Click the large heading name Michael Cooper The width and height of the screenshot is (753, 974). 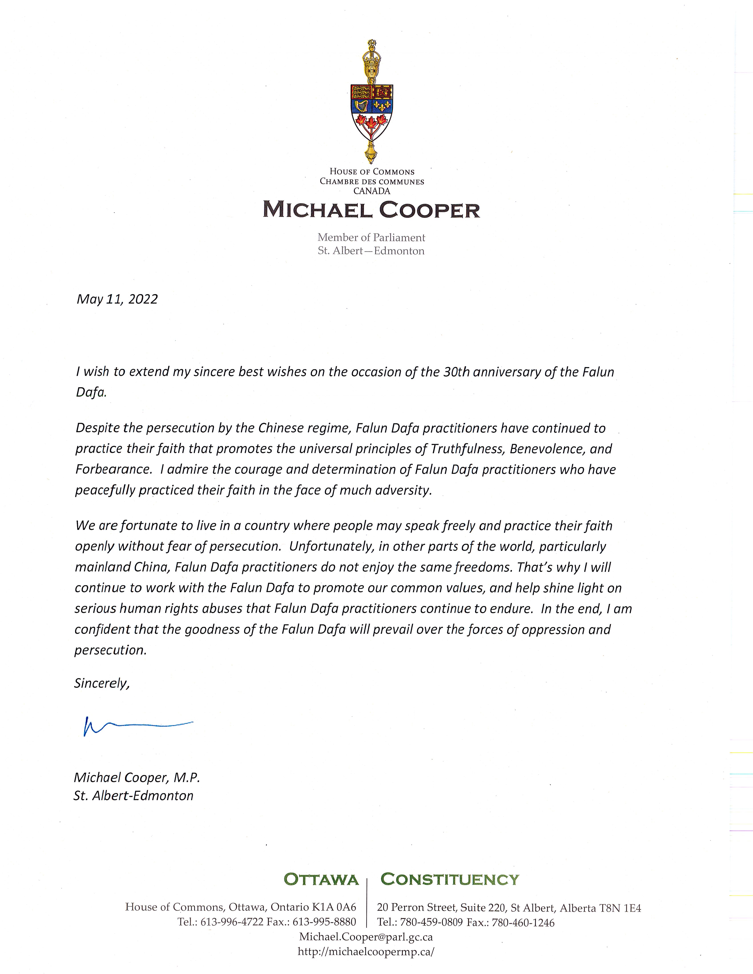coord(371,210)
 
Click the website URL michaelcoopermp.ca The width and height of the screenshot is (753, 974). coord(366,952)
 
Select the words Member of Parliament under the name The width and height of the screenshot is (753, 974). coord(371,238)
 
